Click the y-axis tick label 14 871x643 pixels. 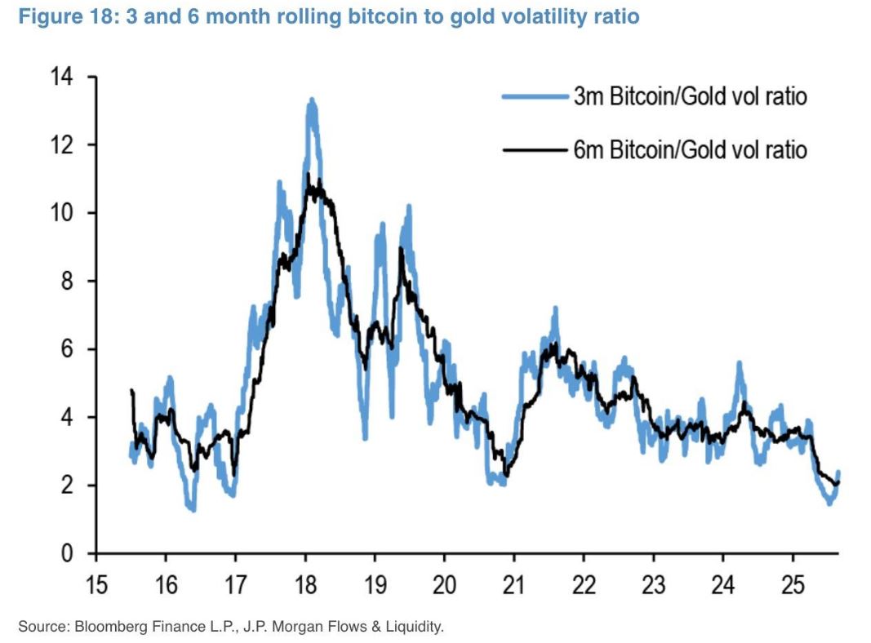click(x=63, y=78)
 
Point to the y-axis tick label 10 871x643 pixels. click(x=63, y=214)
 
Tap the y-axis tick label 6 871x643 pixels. click(x=68, y=349)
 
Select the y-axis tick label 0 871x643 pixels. click(x=68, y=553)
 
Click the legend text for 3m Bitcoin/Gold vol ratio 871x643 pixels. click(x=690, y=97)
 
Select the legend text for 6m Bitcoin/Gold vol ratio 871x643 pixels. click(x=690, y=150)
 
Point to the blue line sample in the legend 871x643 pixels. click(x=535, y=97)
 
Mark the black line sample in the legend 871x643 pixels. click(x=535, y=150)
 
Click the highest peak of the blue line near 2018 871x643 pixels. click(x=311, y=100)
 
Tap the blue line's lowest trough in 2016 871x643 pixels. click(x=193, y=509)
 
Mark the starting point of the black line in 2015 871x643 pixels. click(x=131, y=391)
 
